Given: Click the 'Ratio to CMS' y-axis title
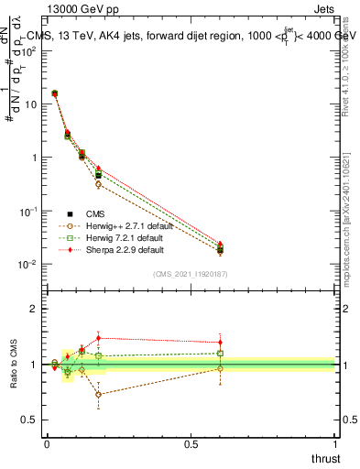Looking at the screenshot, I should [13, 365].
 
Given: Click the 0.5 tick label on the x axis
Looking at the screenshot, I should [191, 445].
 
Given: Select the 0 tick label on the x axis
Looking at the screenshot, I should [47, 445].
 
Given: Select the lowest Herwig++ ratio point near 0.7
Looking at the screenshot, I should [98, 395].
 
